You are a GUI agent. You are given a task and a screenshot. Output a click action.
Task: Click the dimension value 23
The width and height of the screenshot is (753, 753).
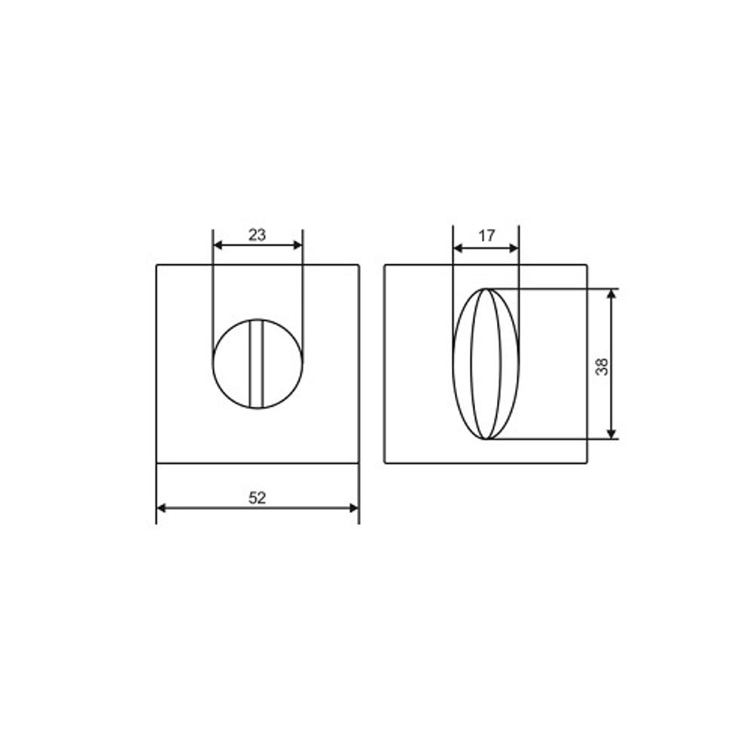pos(258,235)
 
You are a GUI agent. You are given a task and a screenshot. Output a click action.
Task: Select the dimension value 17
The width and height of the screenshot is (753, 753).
pos(486,236)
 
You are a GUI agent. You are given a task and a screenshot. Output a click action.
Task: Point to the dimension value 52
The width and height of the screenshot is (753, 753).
pos(258,498)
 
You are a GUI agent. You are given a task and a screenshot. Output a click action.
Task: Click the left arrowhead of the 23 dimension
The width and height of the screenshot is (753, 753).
pos(218,245)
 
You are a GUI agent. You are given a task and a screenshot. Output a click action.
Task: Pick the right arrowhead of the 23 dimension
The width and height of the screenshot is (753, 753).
pos(297,245)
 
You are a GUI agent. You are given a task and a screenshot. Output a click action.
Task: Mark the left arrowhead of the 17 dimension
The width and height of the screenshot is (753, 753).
pos(457,248)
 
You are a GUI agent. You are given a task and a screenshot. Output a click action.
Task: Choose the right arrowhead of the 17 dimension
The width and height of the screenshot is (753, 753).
pos(514,248)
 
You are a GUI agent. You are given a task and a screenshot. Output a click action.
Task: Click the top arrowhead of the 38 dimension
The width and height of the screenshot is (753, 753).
pos(611,294)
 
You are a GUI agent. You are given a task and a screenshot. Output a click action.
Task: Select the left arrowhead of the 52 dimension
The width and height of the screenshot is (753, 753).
pos(161,508)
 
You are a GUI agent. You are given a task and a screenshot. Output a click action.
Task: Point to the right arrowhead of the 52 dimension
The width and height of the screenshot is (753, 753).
pos(354,508)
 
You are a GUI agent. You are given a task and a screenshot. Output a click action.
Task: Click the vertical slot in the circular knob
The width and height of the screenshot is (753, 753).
pos(258,364)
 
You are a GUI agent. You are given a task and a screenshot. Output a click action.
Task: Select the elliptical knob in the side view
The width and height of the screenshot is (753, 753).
pos(486,364)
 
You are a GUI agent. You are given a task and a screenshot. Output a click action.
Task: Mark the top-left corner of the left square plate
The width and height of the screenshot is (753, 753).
pos(157,265)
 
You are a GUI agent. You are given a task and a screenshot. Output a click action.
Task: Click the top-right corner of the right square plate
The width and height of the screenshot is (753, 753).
pos(587,265)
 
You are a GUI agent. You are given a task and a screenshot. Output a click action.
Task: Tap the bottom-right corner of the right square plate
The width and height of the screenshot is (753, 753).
pos(587,462)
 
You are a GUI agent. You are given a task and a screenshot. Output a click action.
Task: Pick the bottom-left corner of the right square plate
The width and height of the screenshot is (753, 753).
pos(385,462)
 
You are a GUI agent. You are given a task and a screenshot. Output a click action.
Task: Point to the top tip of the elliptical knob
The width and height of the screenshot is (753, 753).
pos(487,289)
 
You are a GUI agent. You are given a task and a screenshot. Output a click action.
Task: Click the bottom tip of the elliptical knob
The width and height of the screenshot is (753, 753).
pos(487,438)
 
